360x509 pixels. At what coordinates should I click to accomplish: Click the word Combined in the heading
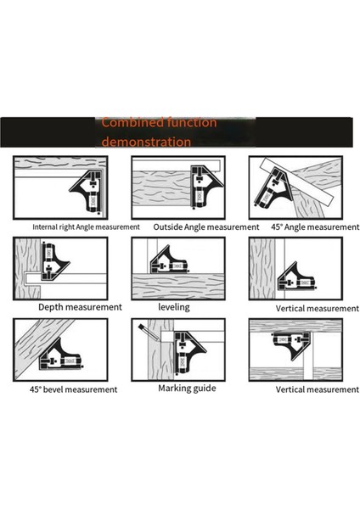click(132, 123)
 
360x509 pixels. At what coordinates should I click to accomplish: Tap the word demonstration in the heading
click(146, 142)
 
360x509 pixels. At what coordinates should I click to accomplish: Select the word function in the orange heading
click(192, 122)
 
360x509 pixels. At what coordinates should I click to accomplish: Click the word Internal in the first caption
click(45, 227)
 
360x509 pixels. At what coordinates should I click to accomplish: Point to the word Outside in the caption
click(167, 227)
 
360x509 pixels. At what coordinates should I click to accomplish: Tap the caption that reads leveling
click(174, 307)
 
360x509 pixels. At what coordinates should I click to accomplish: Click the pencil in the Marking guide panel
click(149, 332)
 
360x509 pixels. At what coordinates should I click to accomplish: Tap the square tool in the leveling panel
click(168, 261)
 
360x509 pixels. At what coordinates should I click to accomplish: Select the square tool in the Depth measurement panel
click(54, 261)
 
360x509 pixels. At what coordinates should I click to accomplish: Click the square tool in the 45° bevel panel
click(60, 355)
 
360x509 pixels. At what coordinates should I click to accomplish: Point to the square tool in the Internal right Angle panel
click(88, 191)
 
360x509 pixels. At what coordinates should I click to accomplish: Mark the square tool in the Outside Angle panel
click(205, 186)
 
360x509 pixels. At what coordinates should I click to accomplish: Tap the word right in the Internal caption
click(67, 227)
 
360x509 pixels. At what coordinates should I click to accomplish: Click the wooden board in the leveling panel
click(178, 287)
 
